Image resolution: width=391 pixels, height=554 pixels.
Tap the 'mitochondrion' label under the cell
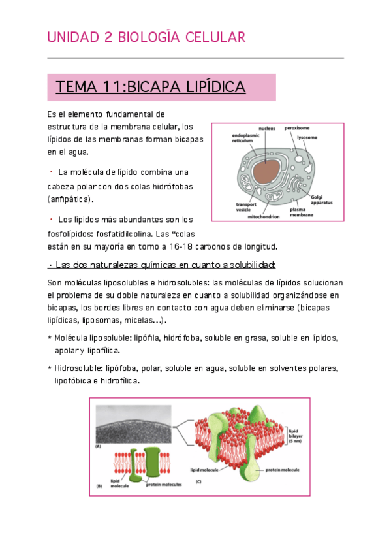pos(264,216)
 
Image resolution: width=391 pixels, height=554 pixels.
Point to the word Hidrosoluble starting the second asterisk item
pos(80,368)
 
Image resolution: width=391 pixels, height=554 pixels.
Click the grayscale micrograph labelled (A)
pos(133,424)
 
